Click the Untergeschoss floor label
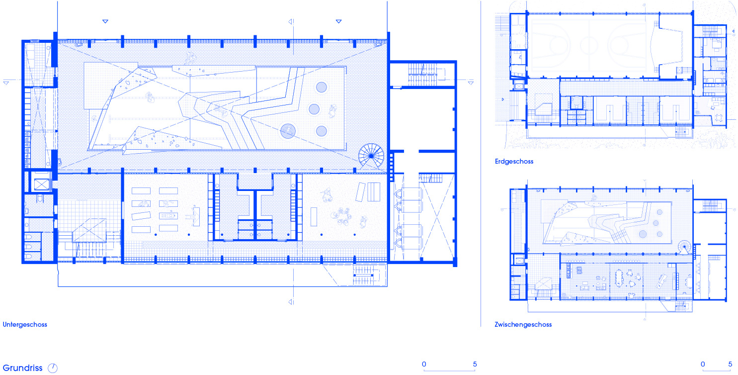[25, 325]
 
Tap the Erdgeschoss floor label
[514, 162]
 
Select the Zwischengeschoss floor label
[523, 325]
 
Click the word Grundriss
[23, 368]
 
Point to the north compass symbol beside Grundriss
[53, 368]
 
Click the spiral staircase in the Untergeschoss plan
[371, 156]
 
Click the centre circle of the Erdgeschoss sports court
[589, 45]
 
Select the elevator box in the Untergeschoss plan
[42, 185]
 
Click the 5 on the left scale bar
[475, 364]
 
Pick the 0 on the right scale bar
[703, 364]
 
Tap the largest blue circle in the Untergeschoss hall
[288, 131]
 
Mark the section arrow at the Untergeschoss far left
[6, 83]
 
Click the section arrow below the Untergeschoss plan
[291, 302]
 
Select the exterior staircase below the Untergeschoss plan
[365, 276]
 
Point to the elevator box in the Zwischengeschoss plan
[519, 261]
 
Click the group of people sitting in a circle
[342, 217]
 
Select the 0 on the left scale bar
[424, 364]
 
